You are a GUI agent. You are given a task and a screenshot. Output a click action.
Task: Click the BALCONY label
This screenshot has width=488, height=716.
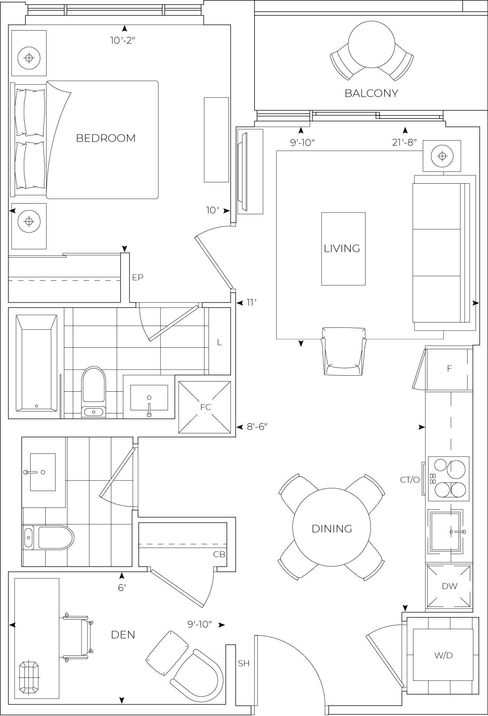tap(371, 94)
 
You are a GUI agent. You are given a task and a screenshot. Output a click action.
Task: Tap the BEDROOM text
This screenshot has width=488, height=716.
tap(106, 138)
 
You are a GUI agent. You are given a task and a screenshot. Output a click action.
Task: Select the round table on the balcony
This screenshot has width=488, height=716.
tap(371, 45)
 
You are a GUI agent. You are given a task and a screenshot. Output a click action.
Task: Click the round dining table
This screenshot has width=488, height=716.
tap(331, 528)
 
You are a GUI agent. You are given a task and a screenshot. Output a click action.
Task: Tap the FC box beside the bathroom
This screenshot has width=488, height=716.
tap(205, 407)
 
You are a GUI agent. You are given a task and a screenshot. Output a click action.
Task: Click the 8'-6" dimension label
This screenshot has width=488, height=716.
tap(257, 427)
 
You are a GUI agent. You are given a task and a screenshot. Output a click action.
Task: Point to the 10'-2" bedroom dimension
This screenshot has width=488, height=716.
tap(122, 41)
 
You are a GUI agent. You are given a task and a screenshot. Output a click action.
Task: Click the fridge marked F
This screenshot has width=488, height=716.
tap(449, 369)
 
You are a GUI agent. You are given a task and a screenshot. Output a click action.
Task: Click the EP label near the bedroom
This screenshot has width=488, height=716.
tap(138, 277)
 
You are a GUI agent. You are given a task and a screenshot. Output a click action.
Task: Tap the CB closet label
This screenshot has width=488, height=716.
tap(219, 554)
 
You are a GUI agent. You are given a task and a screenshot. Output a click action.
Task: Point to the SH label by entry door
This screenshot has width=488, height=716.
tap(244, 664)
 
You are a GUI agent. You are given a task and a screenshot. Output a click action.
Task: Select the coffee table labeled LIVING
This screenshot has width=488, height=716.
tap(343, 248)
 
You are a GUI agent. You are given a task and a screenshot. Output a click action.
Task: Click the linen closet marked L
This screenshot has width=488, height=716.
tap(219, 342)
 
